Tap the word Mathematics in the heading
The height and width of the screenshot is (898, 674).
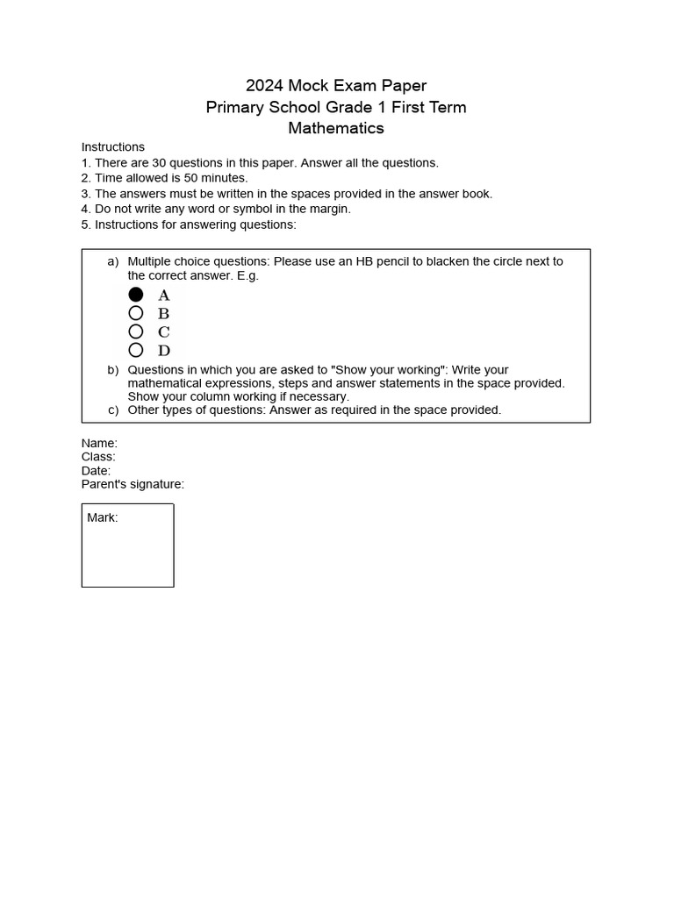tap(336, 128)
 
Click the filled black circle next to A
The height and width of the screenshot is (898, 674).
tap(136, 295)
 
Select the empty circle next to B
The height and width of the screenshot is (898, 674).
tap(136, 313)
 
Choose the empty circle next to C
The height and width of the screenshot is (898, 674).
tap(136, 331)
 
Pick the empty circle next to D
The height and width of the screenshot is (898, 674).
tap(136, 350)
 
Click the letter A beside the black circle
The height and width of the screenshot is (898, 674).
tap(164, 296)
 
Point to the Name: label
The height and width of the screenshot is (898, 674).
tap(99, 444)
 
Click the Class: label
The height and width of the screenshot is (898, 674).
tap(98, 457)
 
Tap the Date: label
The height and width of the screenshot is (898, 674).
tap(96, 471)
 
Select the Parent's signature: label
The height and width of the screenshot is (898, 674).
tap(133, 484)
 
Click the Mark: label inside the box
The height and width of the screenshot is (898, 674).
tap(103, 518)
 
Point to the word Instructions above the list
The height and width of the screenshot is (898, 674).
tap(113, 147)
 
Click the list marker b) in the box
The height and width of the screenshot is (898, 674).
tap(113, 370)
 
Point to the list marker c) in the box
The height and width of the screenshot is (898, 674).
tap(113, 410)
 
